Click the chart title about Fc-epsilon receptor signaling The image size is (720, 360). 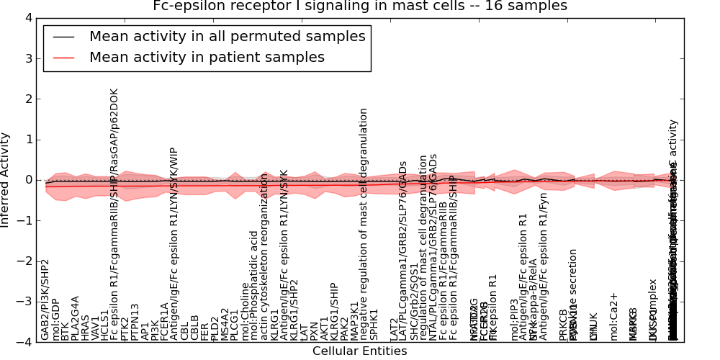click(360, 6)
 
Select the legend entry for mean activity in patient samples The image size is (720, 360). click(207, 57)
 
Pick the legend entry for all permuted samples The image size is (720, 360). click(227, 36)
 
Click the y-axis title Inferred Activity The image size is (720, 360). click(6, 180)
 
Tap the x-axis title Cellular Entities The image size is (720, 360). click(360, 351)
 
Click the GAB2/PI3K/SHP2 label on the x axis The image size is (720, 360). click(45, 300)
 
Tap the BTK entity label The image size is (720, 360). click(66, 329)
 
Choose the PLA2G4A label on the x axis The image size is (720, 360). click(76, 318)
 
